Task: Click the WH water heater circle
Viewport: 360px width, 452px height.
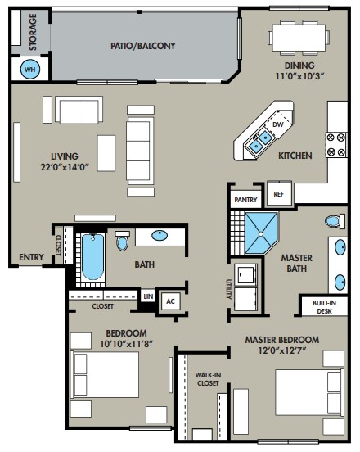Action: coord(30,69)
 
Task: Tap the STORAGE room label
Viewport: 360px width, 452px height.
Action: coord(33,32)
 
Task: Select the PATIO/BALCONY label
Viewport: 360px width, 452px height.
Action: coord(143,46)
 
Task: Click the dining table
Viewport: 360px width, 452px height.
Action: coord(299,38)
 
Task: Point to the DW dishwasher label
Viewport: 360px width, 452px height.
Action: coord(278,124)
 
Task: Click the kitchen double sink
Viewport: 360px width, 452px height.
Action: coord(261,141)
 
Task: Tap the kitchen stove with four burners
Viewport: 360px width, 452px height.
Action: coord(336,145)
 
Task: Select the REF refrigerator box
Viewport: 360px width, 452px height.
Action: coord(279,194)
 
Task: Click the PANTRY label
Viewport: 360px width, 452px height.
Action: coord(245,200)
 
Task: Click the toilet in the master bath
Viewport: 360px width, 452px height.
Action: coord(335,221)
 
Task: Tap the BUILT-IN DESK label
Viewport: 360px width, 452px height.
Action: coord(324,307)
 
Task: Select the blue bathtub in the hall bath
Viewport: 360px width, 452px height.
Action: coord(92,257)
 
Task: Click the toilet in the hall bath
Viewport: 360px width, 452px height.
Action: coord(123,241)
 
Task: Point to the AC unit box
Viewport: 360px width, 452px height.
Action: coord(171,301)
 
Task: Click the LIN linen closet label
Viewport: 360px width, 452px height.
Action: coord(148,296)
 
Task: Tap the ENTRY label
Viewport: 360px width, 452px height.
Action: coord(31,257)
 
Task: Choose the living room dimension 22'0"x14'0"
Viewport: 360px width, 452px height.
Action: coord(64,167)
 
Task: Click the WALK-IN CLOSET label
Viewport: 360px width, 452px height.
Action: coord(208,379)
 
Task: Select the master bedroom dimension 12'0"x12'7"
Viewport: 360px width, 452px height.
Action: coord(282,350)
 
